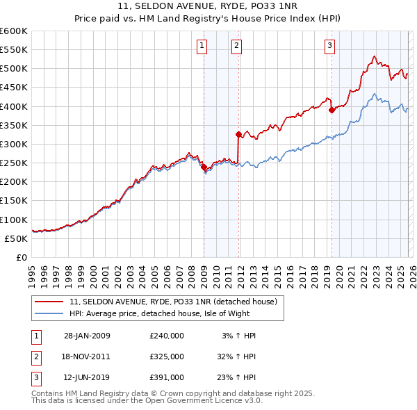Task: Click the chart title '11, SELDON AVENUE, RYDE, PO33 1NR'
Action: click(208, 8)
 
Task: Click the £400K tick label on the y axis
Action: click(14, 106)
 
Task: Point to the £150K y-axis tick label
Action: click(14, 201)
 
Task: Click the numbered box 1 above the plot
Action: click(202, 47)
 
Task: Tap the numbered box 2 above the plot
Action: click(237, 47)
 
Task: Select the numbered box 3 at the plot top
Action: click(329, 47)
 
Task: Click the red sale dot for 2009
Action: click(204, 167)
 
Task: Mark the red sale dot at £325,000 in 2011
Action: click(238, 134)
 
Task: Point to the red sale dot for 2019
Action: click(332, 110)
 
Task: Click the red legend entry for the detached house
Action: click(173, 302)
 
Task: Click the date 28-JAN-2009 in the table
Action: click(87, 336)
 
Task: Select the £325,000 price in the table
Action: click(167, 356)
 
